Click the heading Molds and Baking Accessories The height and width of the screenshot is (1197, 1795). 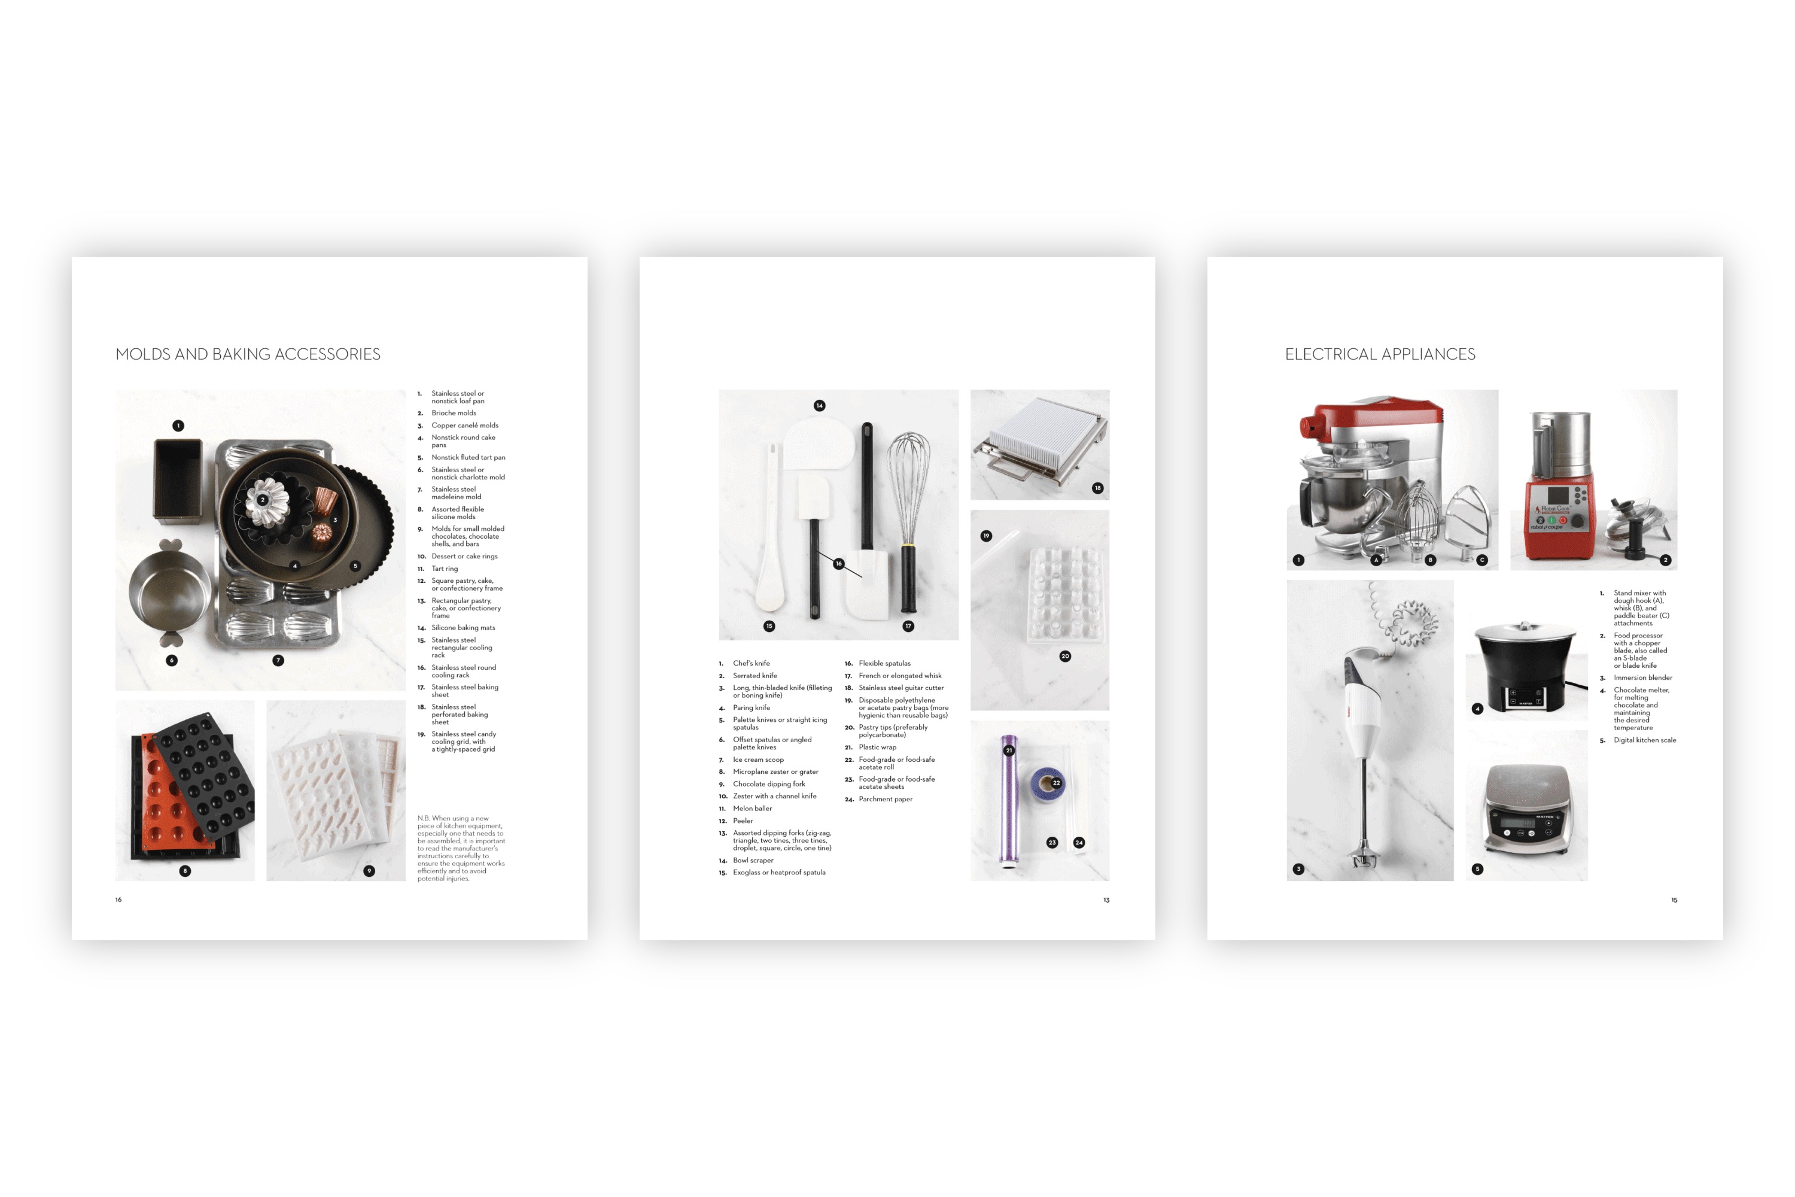248,354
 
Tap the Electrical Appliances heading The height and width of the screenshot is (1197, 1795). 1380,354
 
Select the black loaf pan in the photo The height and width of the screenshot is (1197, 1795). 178,481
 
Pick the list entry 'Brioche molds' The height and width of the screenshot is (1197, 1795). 454,413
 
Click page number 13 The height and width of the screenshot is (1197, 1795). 1106,900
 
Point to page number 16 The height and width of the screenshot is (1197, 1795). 118,900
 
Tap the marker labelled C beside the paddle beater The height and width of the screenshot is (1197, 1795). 1482,560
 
